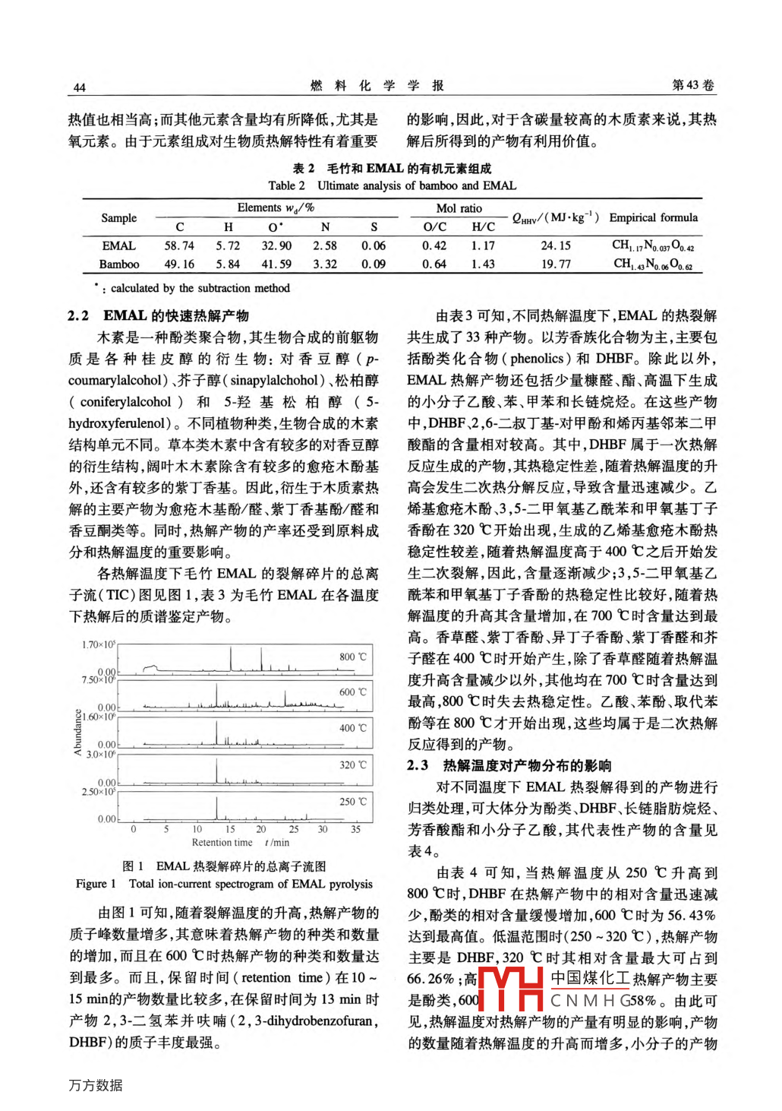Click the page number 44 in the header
click(79, 87)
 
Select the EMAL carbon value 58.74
click(179, 245)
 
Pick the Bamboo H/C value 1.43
click(483, 264)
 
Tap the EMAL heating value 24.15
click(556, 245)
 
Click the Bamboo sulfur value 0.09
click(374, 264)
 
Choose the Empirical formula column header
click(653, 217)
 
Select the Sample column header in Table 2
click(119, 218)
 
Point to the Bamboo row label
click(119, 264)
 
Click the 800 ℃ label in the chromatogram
click(352, 657)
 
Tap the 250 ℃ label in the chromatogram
click(352, 802)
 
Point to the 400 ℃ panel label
click(352, 728)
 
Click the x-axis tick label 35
click(355, 829)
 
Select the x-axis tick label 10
click(197, 829)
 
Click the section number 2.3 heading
click(418, 765)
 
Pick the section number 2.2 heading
click(78, 315)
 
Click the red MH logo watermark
click(511, 989)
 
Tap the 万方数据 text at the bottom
click(96, 1085)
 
